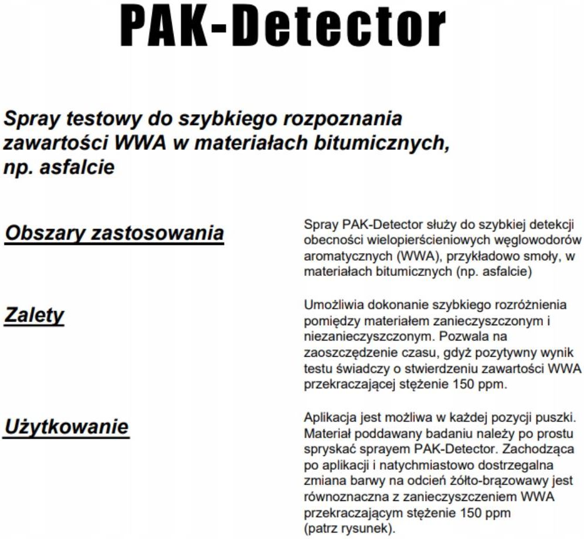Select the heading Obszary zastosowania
[x=114, y=233]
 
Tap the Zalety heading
[x=34, y=315]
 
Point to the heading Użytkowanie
[x=66, y=427]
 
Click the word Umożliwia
[x=330, y=305]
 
